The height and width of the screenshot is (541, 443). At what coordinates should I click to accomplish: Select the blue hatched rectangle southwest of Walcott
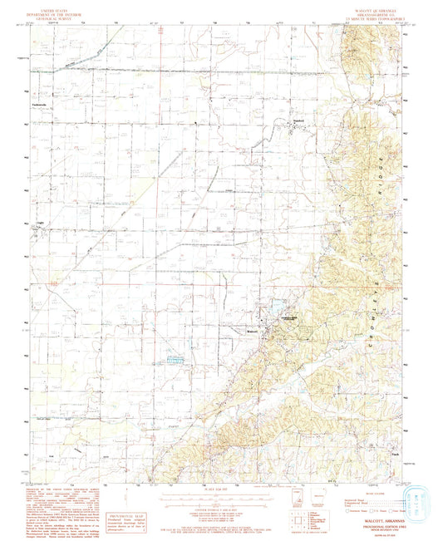coord(175,360)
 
